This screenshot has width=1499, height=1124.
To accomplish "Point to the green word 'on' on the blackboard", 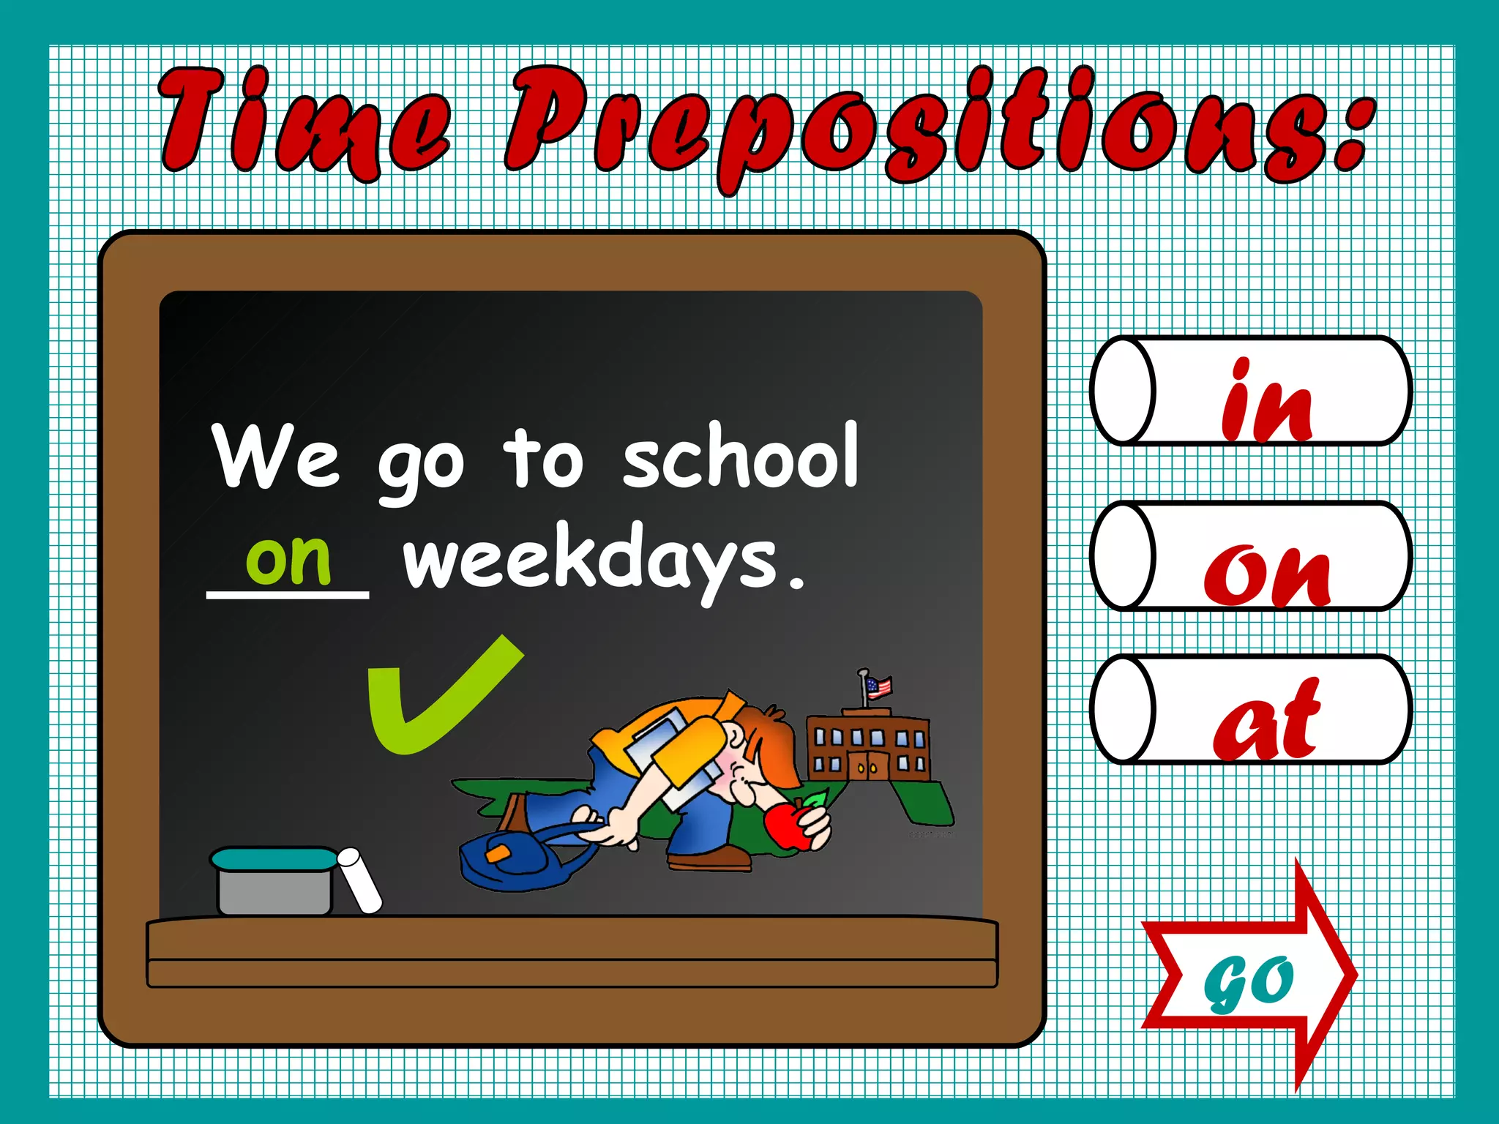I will [288, 559].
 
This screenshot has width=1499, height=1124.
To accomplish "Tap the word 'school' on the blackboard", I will [739, 457].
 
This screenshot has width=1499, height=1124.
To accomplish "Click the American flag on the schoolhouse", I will [878, 686].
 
